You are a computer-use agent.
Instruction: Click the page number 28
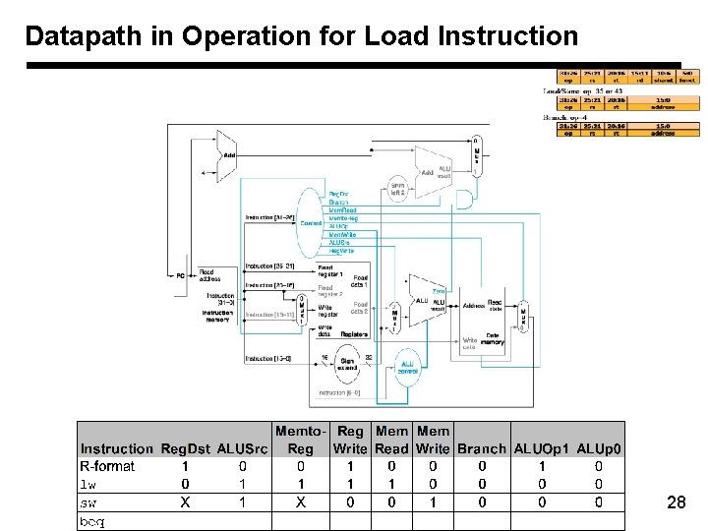coord(676,503)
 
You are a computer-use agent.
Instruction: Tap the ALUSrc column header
coord(241,448)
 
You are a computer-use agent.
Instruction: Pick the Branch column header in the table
coord(482,448)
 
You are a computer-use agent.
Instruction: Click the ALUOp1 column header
coord(541,448)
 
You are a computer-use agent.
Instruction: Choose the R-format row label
coord(107,466)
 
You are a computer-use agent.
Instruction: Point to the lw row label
coord(88,484)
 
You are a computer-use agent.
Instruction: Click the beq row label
coord(92,520)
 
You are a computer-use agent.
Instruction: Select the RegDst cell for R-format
coord(184,466)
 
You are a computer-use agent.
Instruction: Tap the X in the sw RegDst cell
coord(184,501)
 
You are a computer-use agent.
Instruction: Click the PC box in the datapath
coord(180,275)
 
